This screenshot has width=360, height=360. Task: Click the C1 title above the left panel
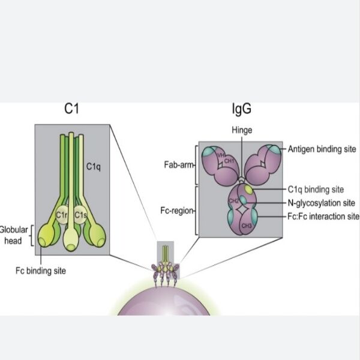click(72, 109)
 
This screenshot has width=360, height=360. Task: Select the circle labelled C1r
click(61, 215)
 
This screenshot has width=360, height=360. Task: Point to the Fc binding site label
click(41, 271)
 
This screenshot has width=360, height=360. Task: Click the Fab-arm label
click(179, 163)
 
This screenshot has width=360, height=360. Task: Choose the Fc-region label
click(178, 211)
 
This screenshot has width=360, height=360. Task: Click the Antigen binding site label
click(322, 148)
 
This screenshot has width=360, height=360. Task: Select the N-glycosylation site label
click(322, 202)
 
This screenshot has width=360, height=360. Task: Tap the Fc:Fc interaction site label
click(323, 216)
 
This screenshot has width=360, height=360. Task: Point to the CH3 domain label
click(246, 226)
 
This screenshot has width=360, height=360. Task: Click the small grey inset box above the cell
click(165, 251)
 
